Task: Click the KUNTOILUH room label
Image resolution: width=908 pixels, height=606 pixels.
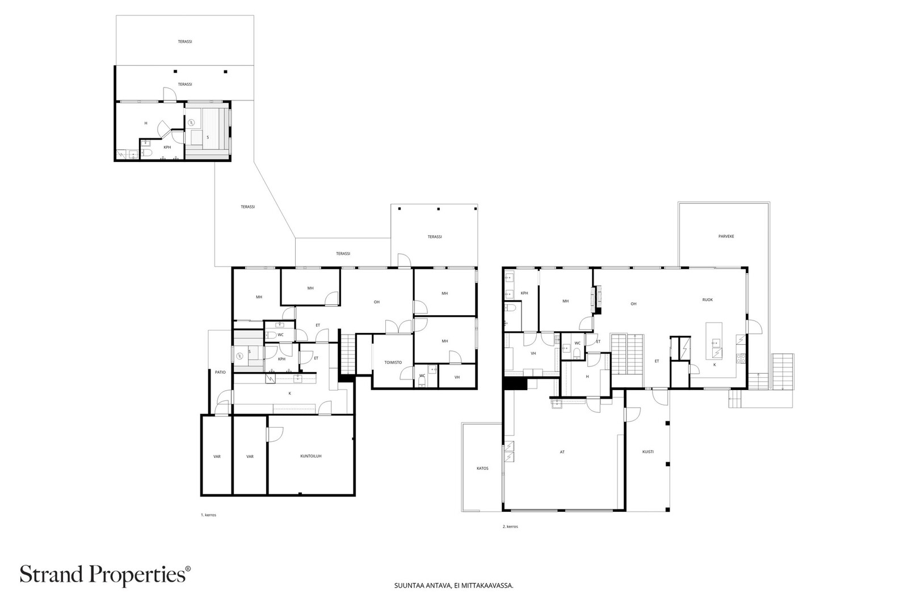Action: tap(311, 456)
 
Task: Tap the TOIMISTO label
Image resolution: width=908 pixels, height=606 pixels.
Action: tap(393, 362)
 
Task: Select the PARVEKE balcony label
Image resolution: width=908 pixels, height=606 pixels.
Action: tap(726, 236)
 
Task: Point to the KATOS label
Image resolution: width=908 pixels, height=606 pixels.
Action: tap(482, 468)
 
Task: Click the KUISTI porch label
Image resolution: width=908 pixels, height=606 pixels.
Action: tap(648, 452)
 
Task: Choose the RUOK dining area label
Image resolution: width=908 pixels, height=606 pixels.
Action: tap(707, 300)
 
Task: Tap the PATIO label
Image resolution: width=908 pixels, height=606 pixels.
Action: tap(221, 372)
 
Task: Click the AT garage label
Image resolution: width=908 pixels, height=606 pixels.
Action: tap(562, 452)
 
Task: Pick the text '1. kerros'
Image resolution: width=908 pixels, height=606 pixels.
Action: tap(208, 515)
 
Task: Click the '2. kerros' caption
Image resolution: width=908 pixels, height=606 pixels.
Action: tap(510, 526)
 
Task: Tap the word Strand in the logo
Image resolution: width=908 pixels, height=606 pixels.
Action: tap(52, 574)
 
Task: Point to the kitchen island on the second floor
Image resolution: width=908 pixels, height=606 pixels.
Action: tap(714, 341)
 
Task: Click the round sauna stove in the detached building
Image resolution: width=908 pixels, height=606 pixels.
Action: tap(191, 122)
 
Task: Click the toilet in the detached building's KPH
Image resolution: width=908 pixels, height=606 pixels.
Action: tap(146, 153)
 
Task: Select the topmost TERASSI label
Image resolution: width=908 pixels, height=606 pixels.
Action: tap(185, 41)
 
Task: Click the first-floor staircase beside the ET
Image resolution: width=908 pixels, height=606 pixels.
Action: tap(347, 353)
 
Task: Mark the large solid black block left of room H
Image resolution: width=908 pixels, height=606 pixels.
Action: tap(515, 384)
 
